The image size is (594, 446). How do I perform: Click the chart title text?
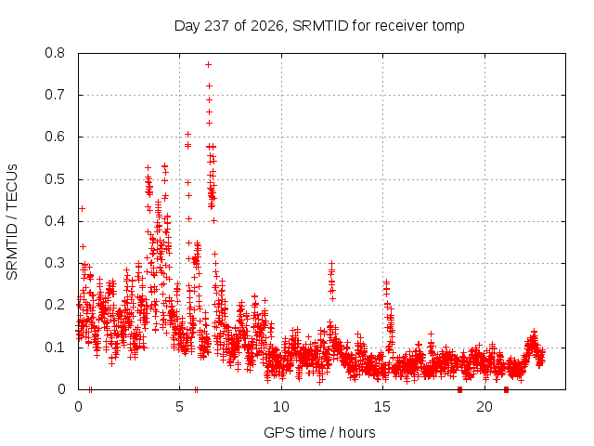tap(319, 26)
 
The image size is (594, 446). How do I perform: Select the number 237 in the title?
tap(216, 25)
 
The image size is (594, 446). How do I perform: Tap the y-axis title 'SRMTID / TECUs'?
tap(12, 222)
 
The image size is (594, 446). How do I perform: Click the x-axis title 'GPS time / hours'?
tap(319, 432)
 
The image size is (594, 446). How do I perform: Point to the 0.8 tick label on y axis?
tap(55, 53)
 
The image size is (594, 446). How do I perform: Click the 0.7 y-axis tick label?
tap(55, 95)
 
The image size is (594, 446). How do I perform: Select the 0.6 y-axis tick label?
tap(55, 137)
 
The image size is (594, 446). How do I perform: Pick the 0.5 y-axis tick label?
tap(55, 179)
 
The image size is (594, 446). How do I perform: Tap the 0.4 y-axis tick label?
tap(55, 221)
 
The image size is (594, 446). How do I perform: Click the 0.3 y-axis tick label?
tap(55, 263)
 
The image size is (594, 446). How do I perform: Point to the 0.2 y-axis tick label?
tap(55, 305)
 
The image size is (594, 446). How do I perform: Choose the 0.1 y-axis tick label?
tap(55, 347)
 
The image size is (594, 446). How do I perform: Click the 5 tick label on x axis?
tap(179, 407)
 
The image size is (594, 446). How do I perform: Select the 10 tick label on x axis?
tap(281, 407)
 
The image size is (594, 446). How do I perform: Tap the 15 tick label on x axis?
tap(382, 407)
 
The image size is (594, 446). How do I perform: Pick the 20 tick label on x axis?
tap(484, 407)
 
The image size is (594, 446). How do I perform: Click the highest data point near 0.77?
tap(208, 65)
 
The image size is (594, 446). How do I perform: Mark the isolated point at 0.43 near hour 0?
tap(82, 208)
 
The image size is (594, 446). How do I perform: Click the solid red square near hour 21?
tap(506, 389)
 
